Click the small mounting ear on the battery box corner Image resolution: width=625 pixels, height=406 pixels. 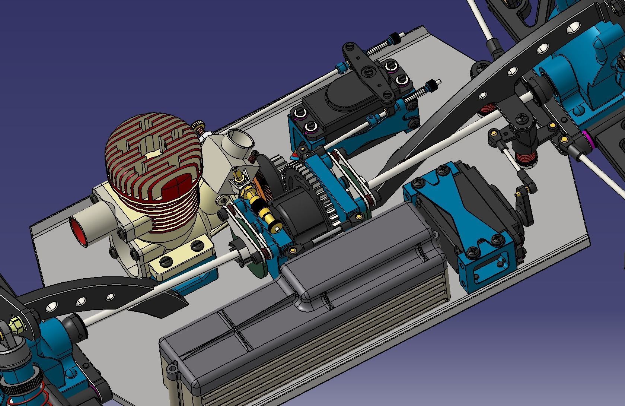pos(172,368)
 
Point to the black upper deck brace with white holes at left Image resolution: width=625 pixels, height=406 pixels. pos(86,294)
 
